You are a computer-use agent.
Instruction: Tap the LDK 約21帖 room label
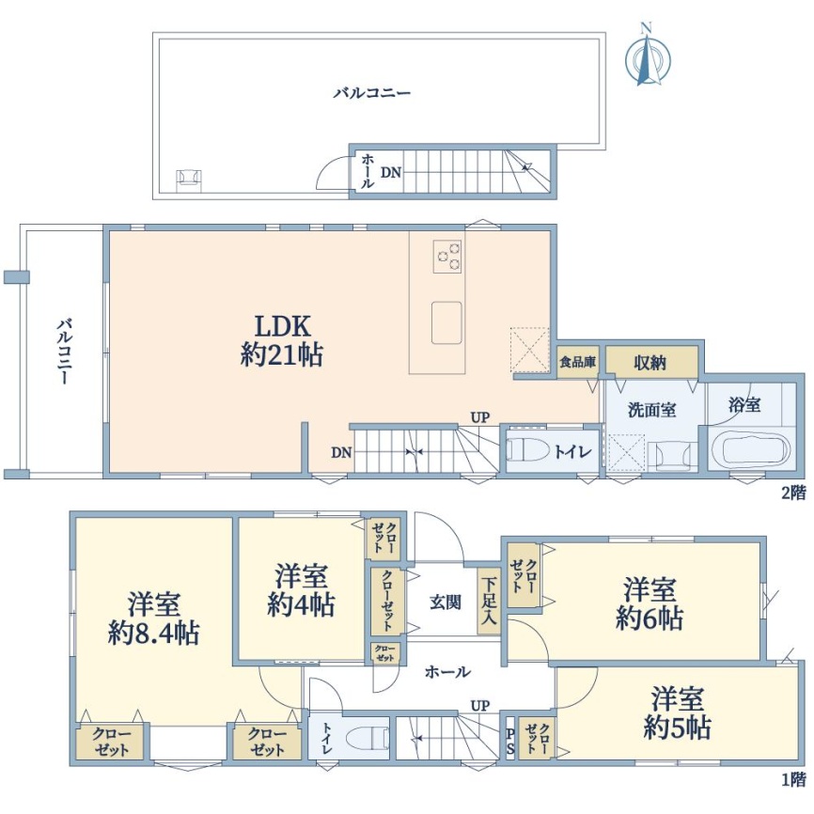(282, 341)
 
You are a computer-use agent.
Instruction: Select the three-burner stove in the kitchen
(447, 257)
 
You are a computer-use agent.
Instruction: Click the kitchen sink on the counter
(446, 322)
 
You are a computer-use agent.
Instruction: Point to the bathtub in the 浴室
(750, 450)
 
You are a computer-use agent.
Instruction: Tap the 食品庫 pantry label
(578, 362)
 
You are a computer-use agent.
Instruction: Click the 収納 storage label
(650, 363)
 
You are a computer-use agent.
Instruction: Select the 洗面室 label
(652, 410)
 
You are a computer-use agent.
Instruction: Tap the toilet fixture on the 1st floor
(367, 738)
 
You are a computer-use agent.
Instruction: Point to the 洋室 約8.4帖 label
(153, 619)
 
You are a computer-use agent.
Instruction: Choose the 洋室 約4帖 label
(301, 591)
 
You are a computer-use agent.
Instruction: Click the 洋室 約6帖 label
(650, 604)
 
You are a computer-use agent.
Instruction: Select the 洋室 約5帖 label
(677, 712)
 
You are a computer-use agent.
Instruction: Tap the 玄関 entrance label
(445, 603)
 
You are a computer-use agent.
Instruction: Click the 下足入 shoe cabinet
(489, 602)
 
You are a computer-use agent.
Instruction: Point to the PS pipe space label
(510, 741)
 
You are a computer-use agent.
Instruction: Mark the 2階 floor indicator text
(794, 493)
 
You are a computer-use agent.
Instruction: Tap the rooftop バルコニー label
(372, 93)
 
